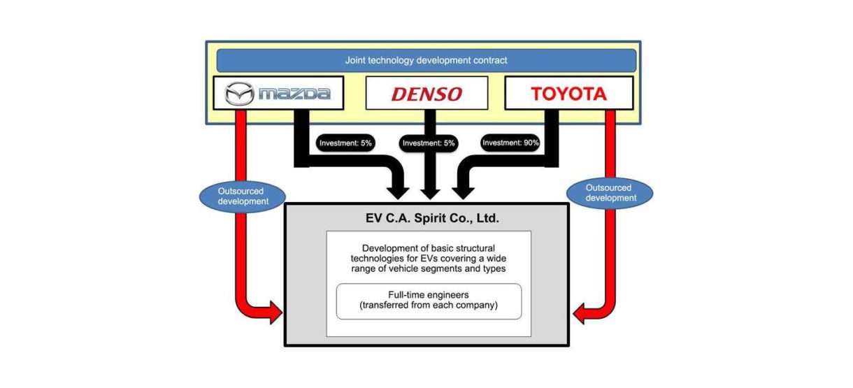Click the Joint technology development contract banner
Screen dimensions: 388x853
pyautogui.click(x=426, y=60)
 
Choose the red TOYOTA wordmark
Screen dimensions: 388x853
pyautogui.click(x=568, y=93)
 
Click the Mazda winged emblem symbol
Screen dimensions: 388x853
pyautogui.click(x=240, y=93)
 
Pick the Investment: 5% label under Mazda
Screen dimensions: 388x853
pyautogui.click(x=346, y=143)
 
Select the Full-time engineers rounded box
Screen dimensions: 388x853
pyautogui.click(x=429, y=301)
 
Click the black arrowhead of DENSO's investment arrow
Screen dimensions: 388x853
pyautogui.click(x=429, y=191)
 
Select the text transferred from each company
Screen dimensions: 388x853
pyautogui.click(x=429, y=306)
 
